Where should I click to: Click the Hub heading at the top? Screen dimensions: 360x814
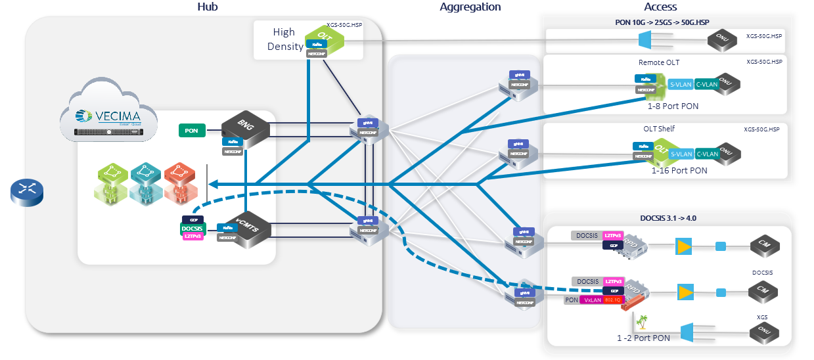pyautogui.click(x=207, y=7)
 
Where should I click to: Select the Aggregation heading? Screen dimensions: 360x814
pyautogui.click(x=470, y=7)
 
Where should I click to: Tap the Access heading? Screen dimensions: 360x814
pyautogui.click(x=660, y=7)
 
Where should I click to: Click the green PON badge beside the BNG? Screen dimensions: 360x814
pyautogui.click(x=191, y=131)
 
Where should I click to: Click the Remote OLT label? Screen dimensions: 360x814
pyautogui.click(x=659, y=62)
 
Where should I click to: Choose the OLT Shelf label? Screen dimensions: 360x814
pyautogui.click(x=659, y=129)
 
